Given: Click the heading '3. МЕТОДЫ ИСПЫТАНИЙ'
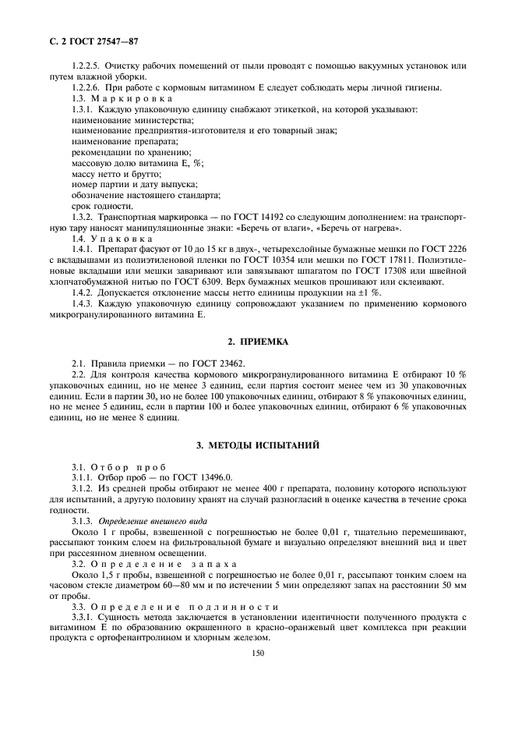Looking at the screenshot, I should point(258,445).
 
